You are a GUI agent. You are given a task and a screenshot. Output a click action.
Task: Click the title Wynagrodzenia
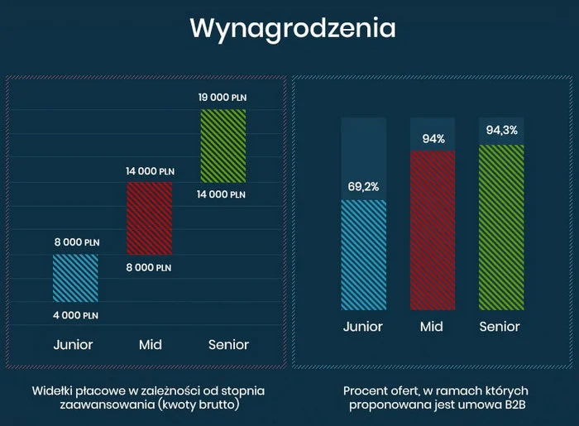point(292,27)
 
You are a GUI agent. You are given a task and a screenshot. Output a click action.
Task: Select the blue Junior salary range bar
point(75,278)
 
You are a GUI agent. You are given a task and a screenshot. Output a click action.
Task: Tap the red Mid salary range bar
point(150,218)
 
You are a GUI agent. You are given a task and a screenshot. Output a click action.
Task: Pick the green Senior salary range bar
point(223,146)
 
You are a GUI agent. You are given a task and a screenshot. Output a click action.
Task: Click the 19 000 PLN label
point(223,98)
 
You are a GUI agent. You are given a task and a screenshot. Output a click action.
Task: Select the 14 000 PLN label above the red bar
point(150,171)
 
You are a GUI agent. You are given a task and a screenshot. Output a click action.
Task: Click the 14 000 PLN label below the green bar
point(222,194)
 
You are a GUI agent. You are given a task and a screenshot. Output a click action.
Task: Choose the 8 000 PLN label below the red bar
point(148,267)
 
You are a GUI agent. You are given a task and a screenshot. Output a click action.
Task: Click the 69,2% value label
point(363,187)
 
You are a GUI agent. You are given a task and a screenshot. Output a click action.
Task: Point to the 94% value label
point(433,139)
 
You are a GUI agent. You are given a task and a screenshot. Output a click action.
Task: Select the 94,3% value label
point(501,130)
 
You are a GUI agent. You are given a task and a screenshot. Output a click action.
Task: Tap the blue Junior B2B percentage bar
point(363,254)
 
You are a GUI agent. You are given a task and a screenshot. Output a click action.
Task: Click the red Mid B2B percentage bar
point(433,229)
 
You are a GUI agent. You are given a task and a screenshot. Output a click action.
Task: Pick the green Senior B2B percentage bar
point(501,226)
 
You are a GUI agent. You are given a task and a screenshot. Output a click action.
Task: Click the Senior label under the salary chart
point(228,345)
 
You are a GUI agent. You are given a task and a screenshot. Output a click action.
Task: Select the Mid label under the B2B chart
point(431,327)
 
